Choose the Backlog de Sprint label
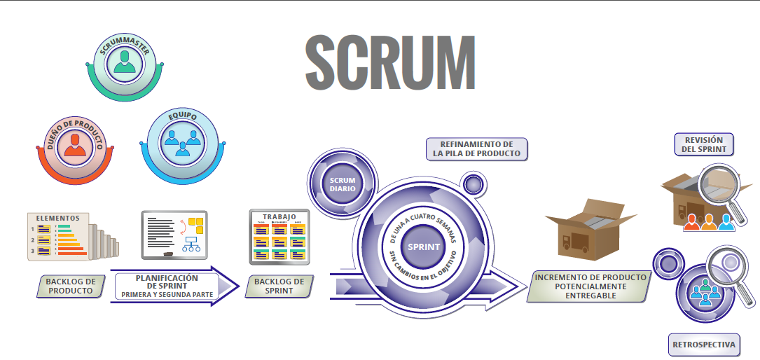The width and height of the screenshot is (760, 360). [x=279, y=286]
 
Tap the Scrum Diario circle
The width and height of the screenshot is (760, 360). [x=343, y=184]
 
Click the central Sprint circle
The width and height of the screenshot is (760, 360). [x=423, y=247]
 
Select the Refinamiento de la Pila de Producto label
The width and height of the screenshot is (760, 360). [x=476, y=148]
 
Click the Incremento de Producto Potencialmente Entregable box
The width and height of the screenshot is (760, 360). [x=590, y=286]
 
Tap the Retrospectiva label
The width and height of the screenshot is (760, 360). [x=704, y=345]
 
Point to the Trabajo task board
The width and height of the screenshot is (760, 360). [x=279, y=238]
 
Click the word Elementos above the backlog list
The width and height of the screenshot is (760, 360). [x=57, y=218]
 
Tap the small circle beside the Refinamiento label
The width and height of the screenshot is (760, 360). [x=473, y=185]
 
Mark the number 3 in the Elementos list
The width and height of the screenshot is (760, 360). [x=33, y=250]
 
